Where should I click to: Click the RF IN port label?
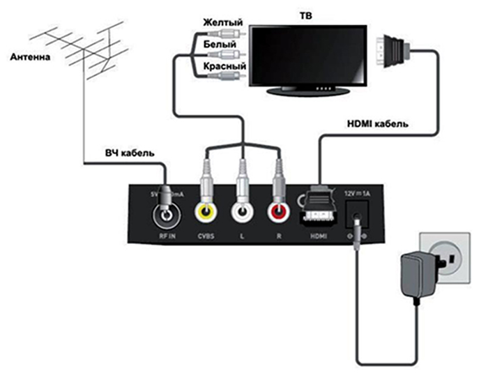(167, 237)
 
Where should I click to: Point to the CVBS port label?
(206, 237)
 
